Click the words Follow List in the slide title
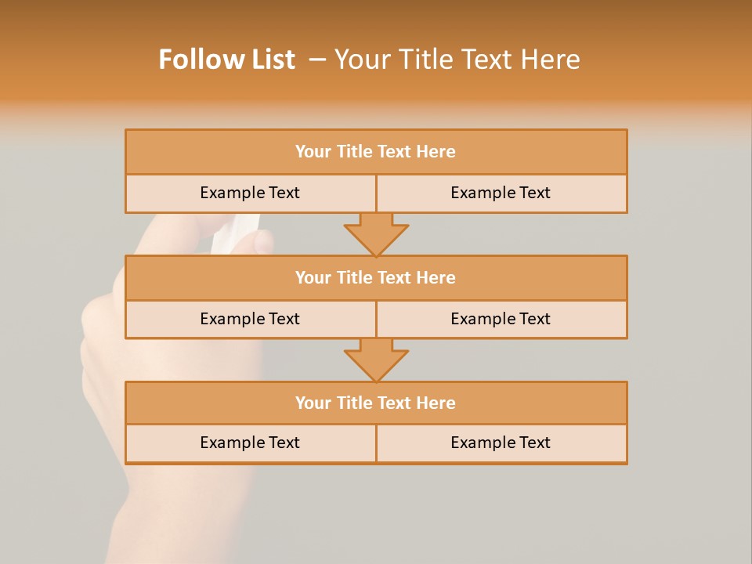tap(226, 60)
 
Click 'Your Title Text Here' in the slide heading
tap(457, 60)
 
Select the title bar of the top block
tap(376, 152)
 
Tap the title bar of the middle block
tap(376, 278)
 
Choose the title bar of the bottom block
tap(376, 403)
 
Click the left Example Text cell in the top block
tap(251, 193)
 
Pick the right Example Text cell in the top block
tap(501, 193)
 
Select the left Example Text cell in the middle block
tap(251, 320)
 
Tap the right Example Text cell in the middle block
tap(501, 320)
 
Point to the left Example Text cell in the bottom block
tap(251, 443)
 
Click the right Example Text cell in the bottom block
tap(501, 443)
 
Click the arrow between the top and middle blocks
tap(376, 234)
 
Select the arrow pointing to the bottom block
tap(376, 360)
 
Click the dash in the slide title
tap(317, 60)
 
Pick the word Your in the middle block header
tap(313, 278)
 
